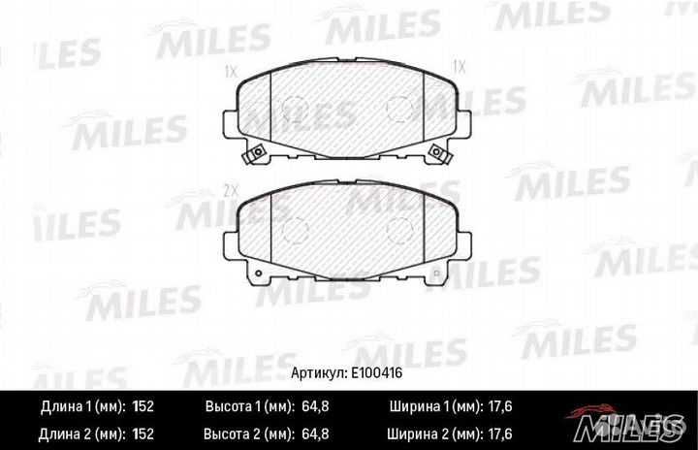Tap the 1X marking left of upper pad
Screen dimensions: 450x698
click(231, 70)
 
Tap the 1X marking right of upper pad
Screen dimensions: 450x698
click(460, 68)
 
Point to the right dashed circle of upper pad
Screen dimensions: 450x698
click(398, 109)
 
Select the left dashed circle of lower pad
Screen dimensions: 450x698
click(296, 229)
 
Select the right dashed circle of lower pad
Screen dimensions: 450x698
click(398, 229)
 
